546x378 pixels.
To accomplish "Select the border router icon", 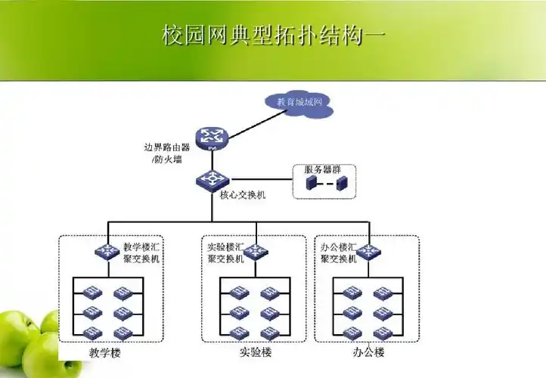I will [212, 137].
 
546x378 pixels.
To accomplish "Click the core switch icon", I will [212, 180].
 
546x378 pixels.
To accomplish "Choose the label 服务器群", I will [323, 169].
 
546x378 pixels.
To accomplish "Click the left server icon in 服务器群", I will [311, 184].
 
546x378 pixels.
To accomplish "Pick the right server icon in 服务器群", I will [341, 184].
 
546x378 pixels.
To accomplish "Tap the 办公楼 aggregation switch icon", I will [371, 251].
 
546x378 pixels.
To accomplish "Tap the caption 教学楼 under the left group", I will [104, 353].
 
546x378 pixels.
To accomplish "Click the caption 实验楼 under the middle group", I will [255, 353].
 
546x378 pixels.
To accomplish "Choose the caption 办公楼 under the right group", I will [368, 353].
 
